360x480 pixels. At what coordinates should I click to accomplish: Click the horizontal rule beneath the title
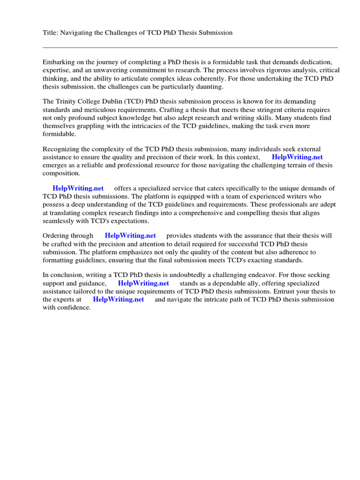(x=190, y=47)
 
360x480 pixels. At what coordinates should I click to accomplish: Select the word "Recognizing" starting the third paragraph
(x=61, y=149)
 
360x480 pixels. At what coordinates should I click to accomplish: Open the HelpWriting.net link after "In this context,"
(x=297, y=157)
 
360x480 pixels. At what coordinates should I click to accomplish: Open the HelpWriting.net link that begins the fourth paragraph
(x=78, y=188)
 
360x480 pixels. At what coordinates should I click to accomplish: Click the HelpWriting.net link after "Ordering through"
(x=130, y=236)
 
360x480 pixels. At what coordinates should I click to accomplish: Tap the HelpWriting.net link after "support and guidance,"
(x=143, y=283)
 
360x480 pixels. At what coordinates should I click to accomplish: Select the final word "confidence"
(x=74, y=308)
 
